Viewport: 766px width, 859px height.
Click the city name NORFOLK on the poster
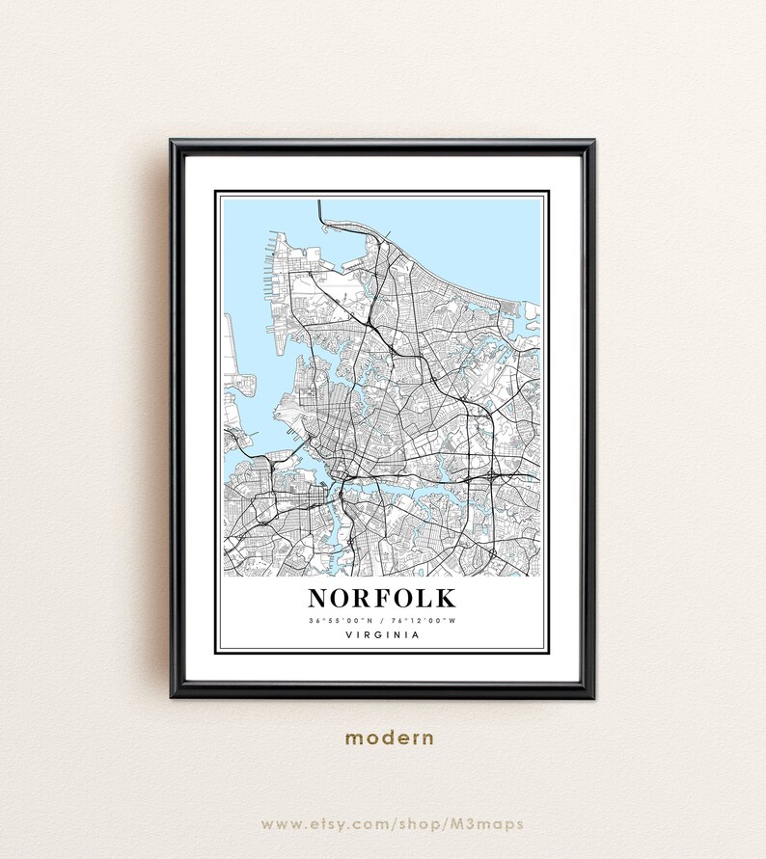click(x=382, y=598)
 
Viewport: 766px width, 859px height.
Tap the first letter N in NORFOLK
click(x=319, y=598)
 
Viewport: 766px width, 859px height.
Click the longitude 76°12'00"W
click(x=423, y=619)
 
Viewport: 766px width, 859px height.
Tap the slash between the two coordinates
click(x=382, y=619)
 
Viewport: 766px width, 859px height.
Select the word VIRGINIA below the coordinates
click(x=382, y=635)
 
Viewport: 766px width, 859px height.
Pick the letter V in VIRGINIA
click(x=346, y=635)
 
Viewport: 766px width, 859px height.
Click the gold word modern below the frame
click(x=390, y=738)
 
